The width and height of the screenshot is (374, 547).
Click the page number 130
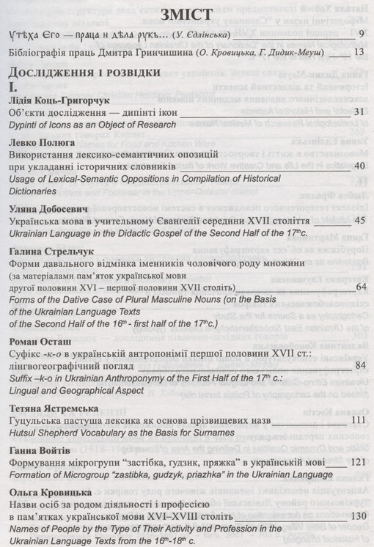coord(356,516)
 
